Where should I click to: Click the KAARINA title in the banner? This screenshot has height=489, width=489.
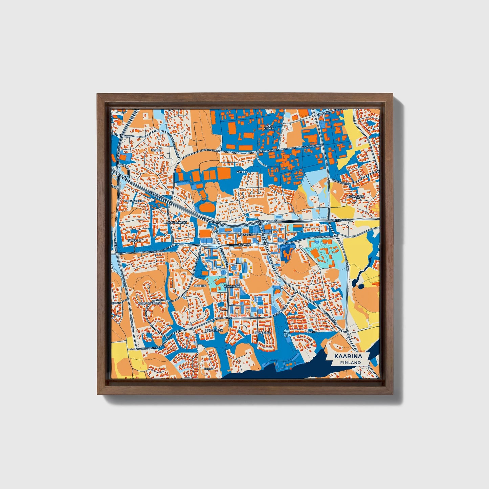(x=348, y=356)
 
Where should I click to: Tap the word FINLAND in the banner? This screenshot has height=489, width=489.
(x=351, y=362)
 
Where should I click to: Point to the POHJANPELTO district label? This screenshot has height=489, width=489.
(x=134, y=201)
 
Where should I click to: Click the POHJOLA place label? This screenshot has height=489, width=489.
(x=132, y=241)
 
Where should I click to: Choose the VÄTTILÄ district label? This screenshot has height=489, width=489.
(x=242, y=172)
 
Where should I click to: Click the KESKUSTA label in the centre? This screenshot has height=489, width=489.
(x=245, y=234)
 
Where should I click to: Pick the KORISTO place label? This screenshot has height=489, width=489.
(x=200, y=286)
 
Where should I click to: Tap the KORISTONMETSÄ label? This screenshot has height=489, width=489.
(x=150, y=303)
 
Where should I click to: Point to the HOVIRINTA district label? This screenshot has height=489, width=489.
(x=231, y=286)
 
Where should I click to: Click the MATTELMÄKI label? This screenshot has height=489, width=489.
(x=215, y=330)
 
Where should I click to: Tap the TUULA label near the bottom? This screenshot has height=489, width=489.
(x=208, y=369)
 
